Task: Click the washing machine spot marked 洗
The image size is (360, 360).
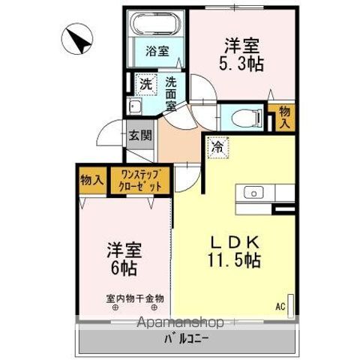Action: coord(145,82)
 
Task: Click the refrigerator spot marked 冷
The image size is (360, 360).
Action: coord(217,149)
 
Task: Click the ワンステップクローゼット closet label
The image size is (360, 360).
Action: coord(141,182)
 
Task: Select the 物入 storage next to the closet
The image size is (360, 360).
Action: coord(91,181)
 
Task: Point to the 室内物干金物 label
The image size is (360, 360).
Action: coord(135,298)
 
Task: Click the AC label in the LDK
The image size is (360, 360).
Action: coord(280,306)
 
